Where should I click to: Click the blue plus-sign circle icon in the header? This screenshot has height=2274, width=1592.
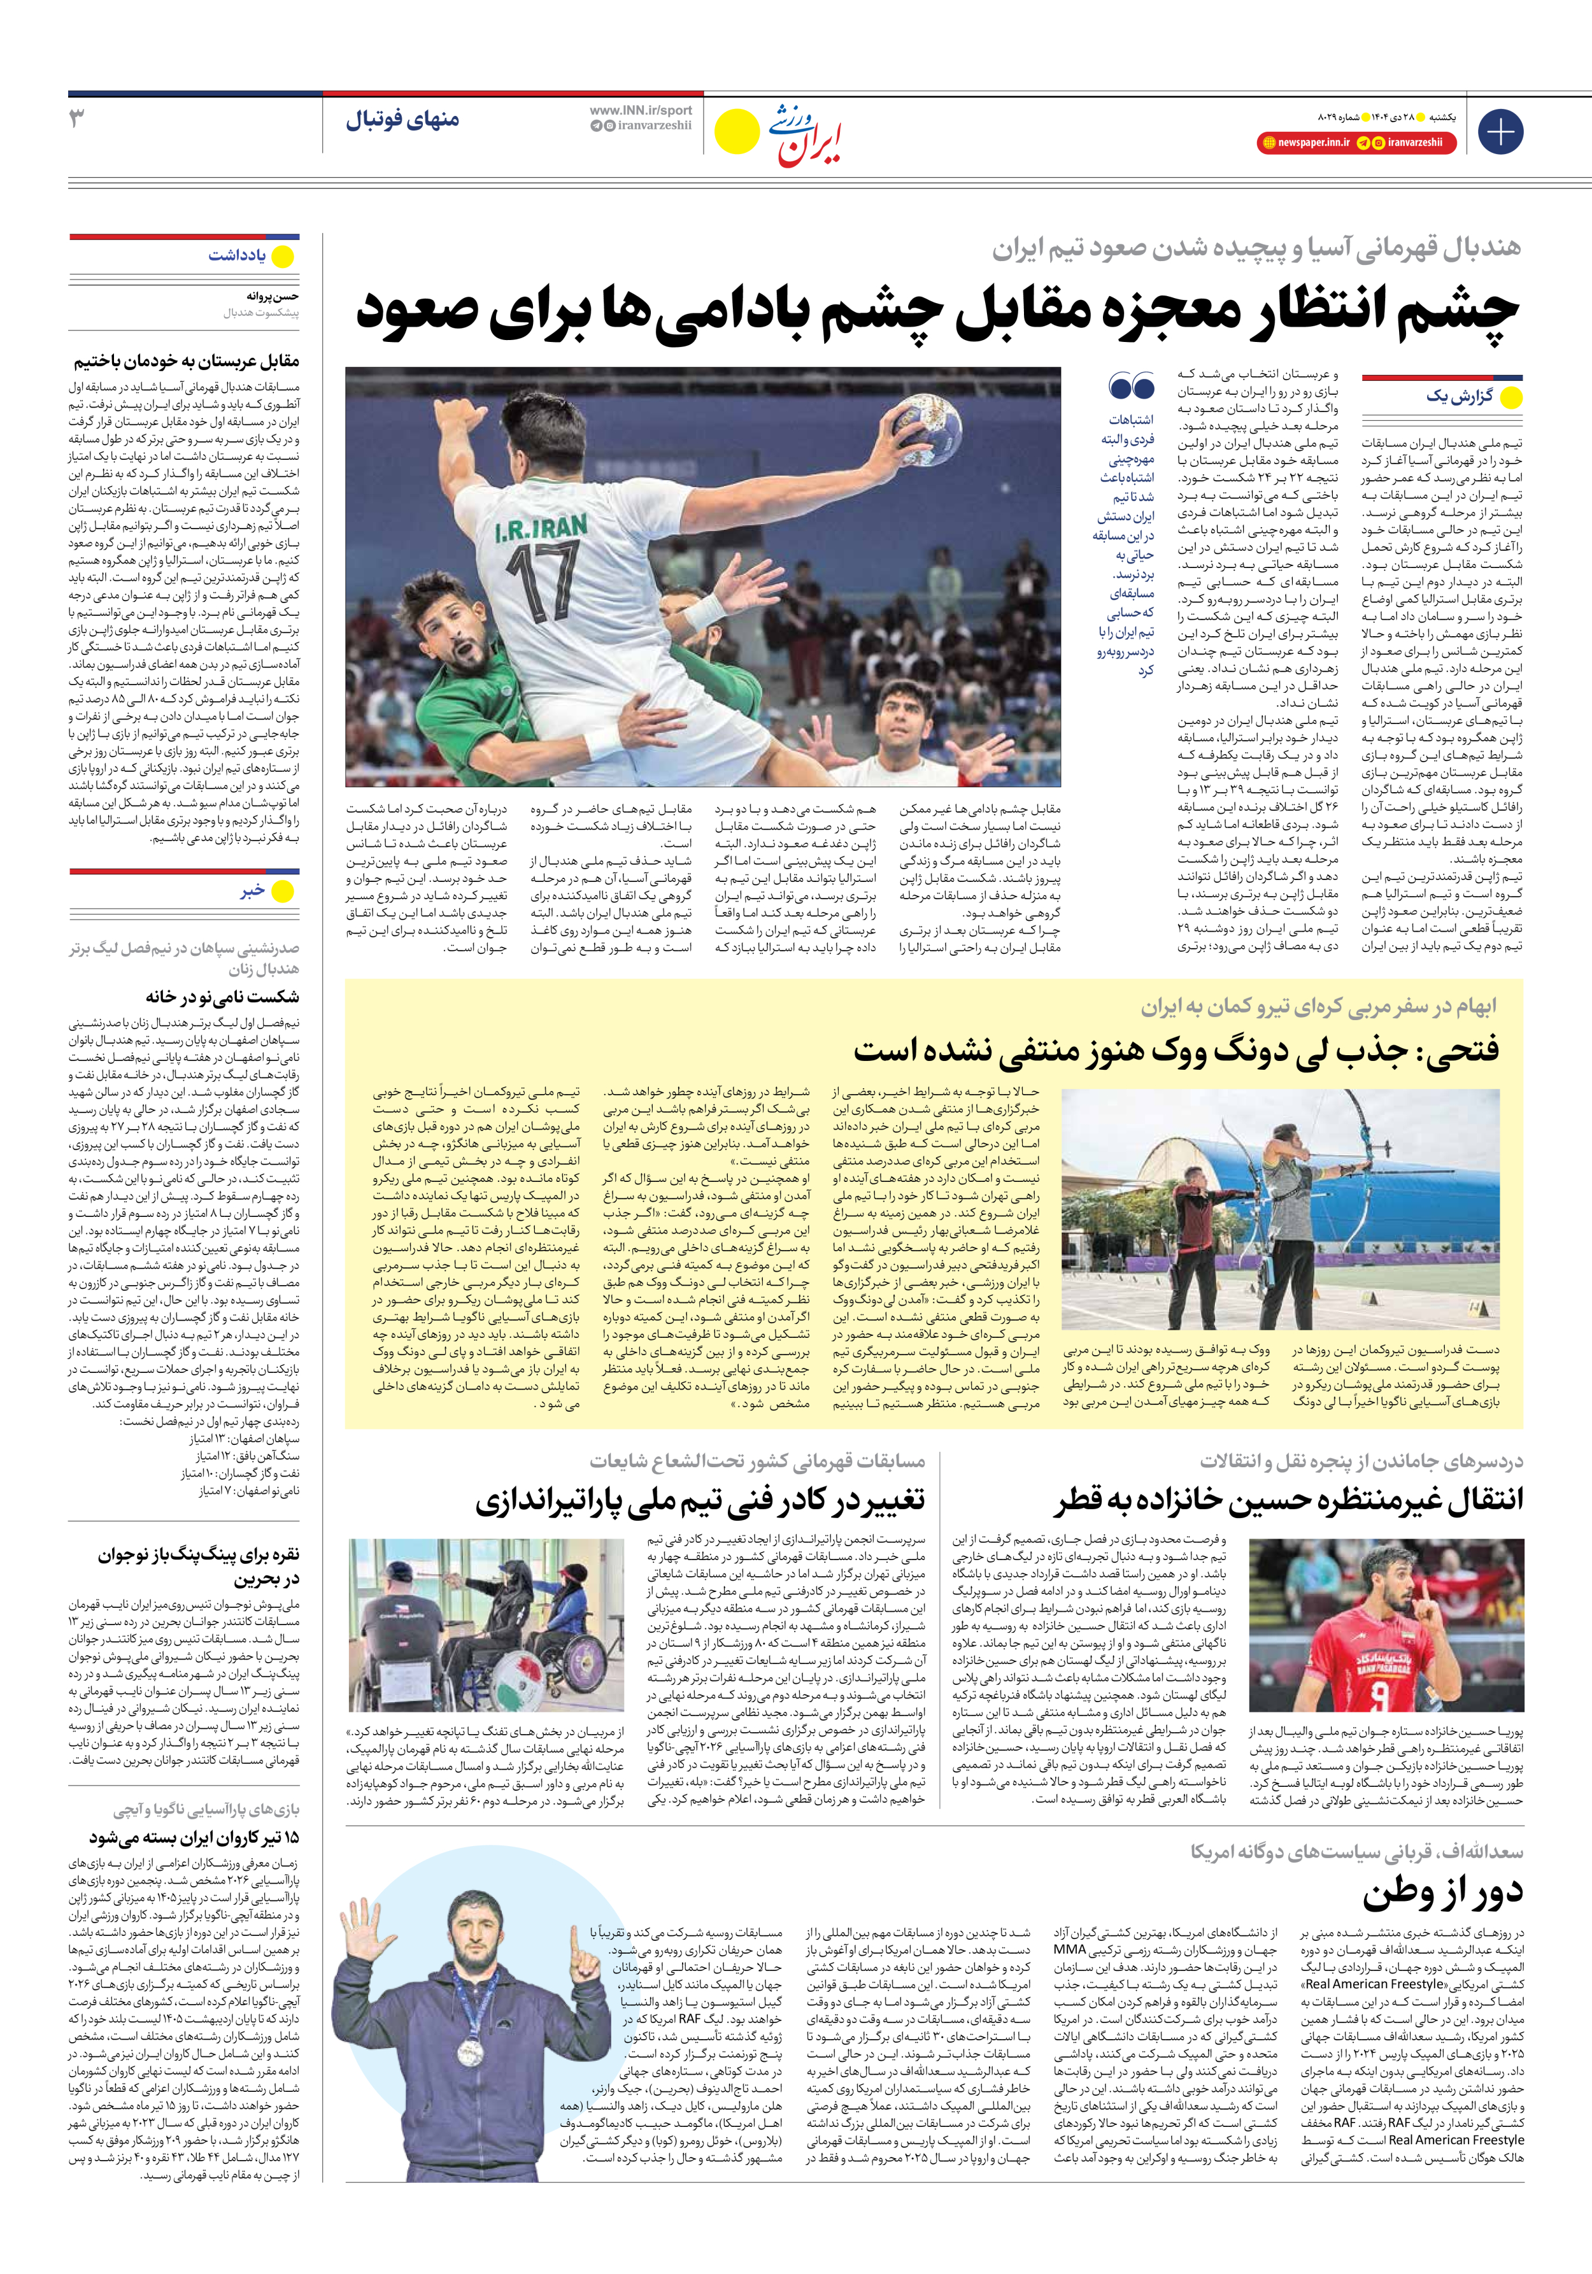pos(1500,132)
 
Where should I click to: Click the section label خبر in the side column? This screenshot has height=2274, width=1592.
pos(253,890)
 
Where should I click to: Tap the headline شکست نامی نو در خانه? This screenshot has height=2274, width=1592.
pos(223,997)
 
